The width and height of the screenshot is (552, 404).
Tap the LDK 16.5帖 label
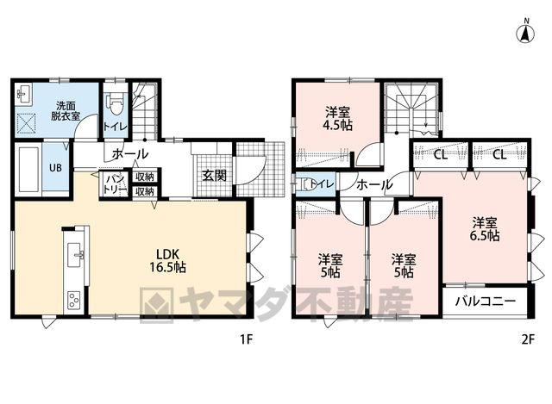(167, 260)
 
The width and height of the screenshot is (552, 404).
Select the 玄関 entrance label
(214, 175)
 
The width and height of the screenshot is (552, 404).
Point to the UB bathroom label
(55, 168)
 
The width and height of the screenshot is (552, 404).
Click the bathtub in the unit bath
(28, 170)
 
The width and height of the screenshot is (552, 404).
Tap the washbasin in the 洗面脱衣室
(25, 94)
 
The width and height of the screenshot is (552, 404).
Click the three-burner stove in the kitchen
(74, 301)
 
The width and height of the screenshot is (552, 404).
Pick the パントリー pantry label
(115, 184)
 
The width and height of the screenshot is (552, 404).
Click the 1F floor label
(247, 339)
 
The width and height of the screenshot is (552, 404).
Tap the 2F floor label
(527, 339)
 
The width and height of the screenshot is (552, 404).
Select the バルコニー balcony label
(485, 301)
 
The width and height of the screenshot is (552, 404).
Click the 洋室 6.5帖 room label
(485, 229)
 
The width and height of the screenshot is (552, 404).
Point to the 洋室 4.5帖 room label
(337, 119)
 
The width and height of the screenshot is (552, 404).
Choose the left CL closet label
(440, 155)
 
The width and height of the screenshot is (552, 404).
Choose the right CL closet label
(499, 155)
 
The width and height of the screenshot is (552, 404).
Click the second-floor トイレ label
(321, 183)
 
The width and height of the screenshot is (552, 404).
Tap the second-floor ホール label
(373, 184)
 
